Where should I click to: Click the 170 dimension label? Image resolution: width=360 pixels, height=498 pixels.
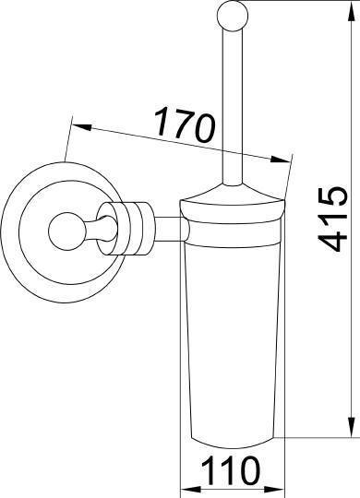tap(185, 125)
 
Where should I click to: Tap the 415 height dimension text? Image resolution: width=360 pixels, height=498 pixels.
tap(332, 219)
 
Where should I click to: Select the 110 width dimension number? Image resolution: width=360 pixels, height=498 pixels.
tap(231, 470)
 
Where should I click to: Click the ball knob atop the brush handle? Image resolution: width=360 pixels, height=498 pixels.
tap(233, 16)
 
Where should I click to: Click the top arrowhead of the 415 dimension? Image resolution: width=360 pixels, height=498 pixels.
tap(351, 11)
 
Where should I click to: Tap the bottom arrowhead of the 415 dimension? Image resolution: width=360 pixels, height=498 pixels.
tap(351, 428)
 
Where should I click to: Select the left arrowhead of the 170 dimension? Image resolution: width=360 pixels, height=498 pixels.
tap(83, 127)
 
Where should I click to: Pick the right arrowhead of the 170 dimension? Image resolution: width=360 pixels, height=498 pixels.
tap(281, 159)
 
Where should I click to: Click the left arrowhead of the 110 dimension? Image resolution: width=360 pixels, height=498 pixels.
tap(190, 489)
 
